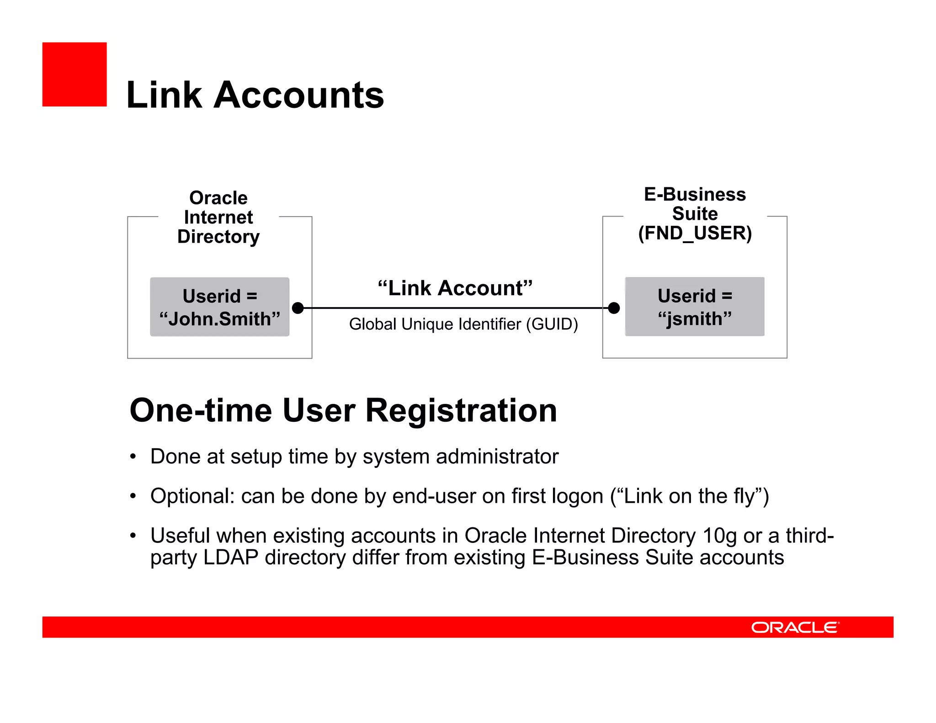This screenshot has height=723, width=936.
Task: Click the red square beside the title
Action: [74, 74]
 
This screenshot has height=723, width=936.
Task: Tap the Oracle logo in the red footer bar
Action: [795, 627]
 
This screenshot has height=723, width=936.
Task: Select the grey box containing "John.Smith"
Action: [219, 307]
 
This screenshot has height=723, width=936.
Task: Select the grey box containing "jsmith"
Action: [694, 307]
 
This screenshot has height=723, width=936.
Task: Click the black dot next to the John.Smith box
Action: [298, 308]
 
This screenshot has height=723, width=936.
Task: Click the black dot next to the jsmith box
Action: [614, 308]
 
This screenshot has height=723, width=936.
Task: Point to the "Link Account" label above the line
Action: [455, 288]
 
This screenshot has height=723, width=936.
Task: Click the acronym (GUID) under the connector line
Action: [552, 324]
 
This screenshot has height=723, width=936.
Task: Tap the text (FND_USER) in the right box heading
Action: [695, 233]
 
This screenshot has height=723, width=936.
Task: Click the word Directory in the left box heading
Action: [218, 237]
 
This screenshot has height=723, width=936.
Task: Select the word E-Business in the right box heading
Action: [695, 195]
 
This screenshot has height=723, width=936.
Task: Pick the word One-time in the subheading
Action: [201, 411]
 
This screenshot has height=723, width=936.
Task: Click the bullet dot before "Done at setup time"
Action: [133, 457]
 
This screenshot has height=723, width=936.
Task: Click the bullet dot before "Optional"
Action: [133, 496]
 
